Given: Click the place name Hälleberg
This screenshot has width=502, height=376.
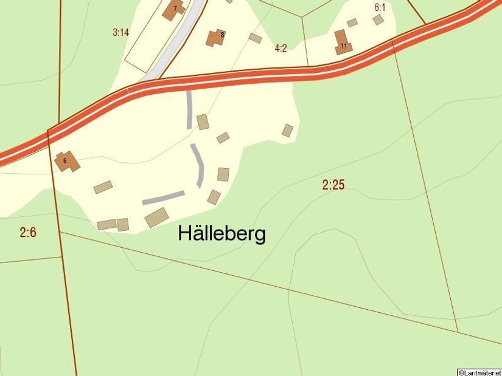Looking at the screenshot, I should coord(221,234).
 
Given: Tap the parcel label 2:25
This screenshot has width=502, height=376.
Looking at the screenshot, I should coord(333,185).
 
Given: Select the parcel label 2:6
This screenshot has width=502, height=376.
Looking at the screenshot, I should coord(28,231).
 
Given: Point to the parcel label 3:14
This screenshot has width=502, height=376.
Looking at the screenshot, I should coord(120,33).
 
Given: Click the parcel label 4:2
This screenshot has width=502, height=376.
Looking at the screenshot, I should coord(281,48).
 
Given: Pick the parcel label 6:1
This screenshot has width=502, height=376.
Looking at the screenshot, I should coord(380,8).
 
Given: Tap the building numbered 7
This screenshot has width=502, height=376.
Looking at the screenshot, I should coord(174,10).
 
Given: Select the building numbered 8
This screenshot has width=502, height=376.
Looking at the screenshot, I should coord(215,37).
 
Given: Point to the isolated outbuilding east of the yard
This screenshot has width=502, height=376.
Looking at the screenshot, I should coord(288,130).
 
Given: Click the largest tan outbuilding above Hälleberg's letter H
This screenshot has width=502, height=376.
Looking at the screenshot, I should coord(156,217).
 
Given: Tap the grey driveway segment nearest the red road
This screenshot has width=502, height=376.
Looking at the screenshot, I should coord(189,109).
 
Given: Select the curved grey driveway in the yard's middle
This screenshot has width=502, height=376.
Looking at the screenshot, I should coord(198,164).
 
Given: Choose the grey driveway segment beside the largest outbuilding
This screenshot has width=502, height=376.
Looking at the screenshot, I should coord(163,197).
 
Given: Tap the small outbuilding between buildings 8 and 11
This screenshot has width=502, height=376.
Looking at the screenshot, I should coord(256,38).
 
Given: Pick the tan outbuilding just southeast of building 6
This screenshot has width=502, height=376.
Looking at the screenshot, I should coord(103,187).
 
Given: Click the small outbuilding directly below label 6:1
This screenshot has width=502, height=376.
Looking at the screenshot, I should coord(378,20).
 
